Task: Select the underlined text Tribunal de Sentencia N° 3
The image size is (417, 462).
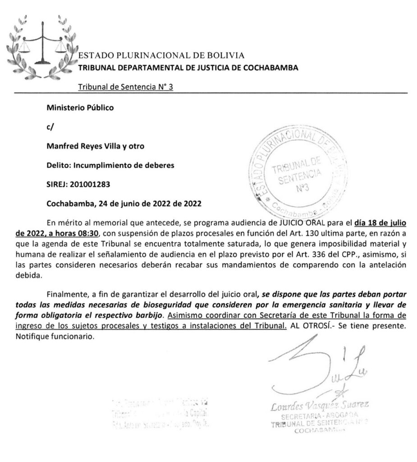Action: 125,88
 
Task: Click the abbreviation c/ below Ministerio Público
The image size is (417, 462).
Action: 50,127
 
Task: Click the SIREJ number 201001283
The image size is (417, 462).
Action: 90,184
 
